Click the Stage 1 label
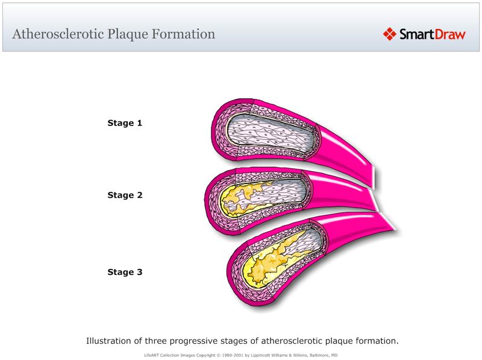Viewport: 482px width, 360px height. (125, 123)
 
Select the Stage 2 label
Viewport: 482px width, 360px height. (125, 195)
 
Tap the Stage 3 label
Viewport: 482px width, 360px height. (125, 272)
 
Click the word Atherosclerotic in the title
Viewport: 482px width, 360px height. (57, 34)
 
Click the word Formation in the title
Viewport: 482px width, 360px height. (186, 34)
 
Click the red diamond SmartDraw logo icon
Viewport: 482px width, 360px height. (389, 34)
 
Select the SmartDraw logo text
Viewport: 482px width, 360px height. (432, 34)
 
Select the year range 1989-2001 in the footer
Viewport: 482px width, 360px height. (233, 355)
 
